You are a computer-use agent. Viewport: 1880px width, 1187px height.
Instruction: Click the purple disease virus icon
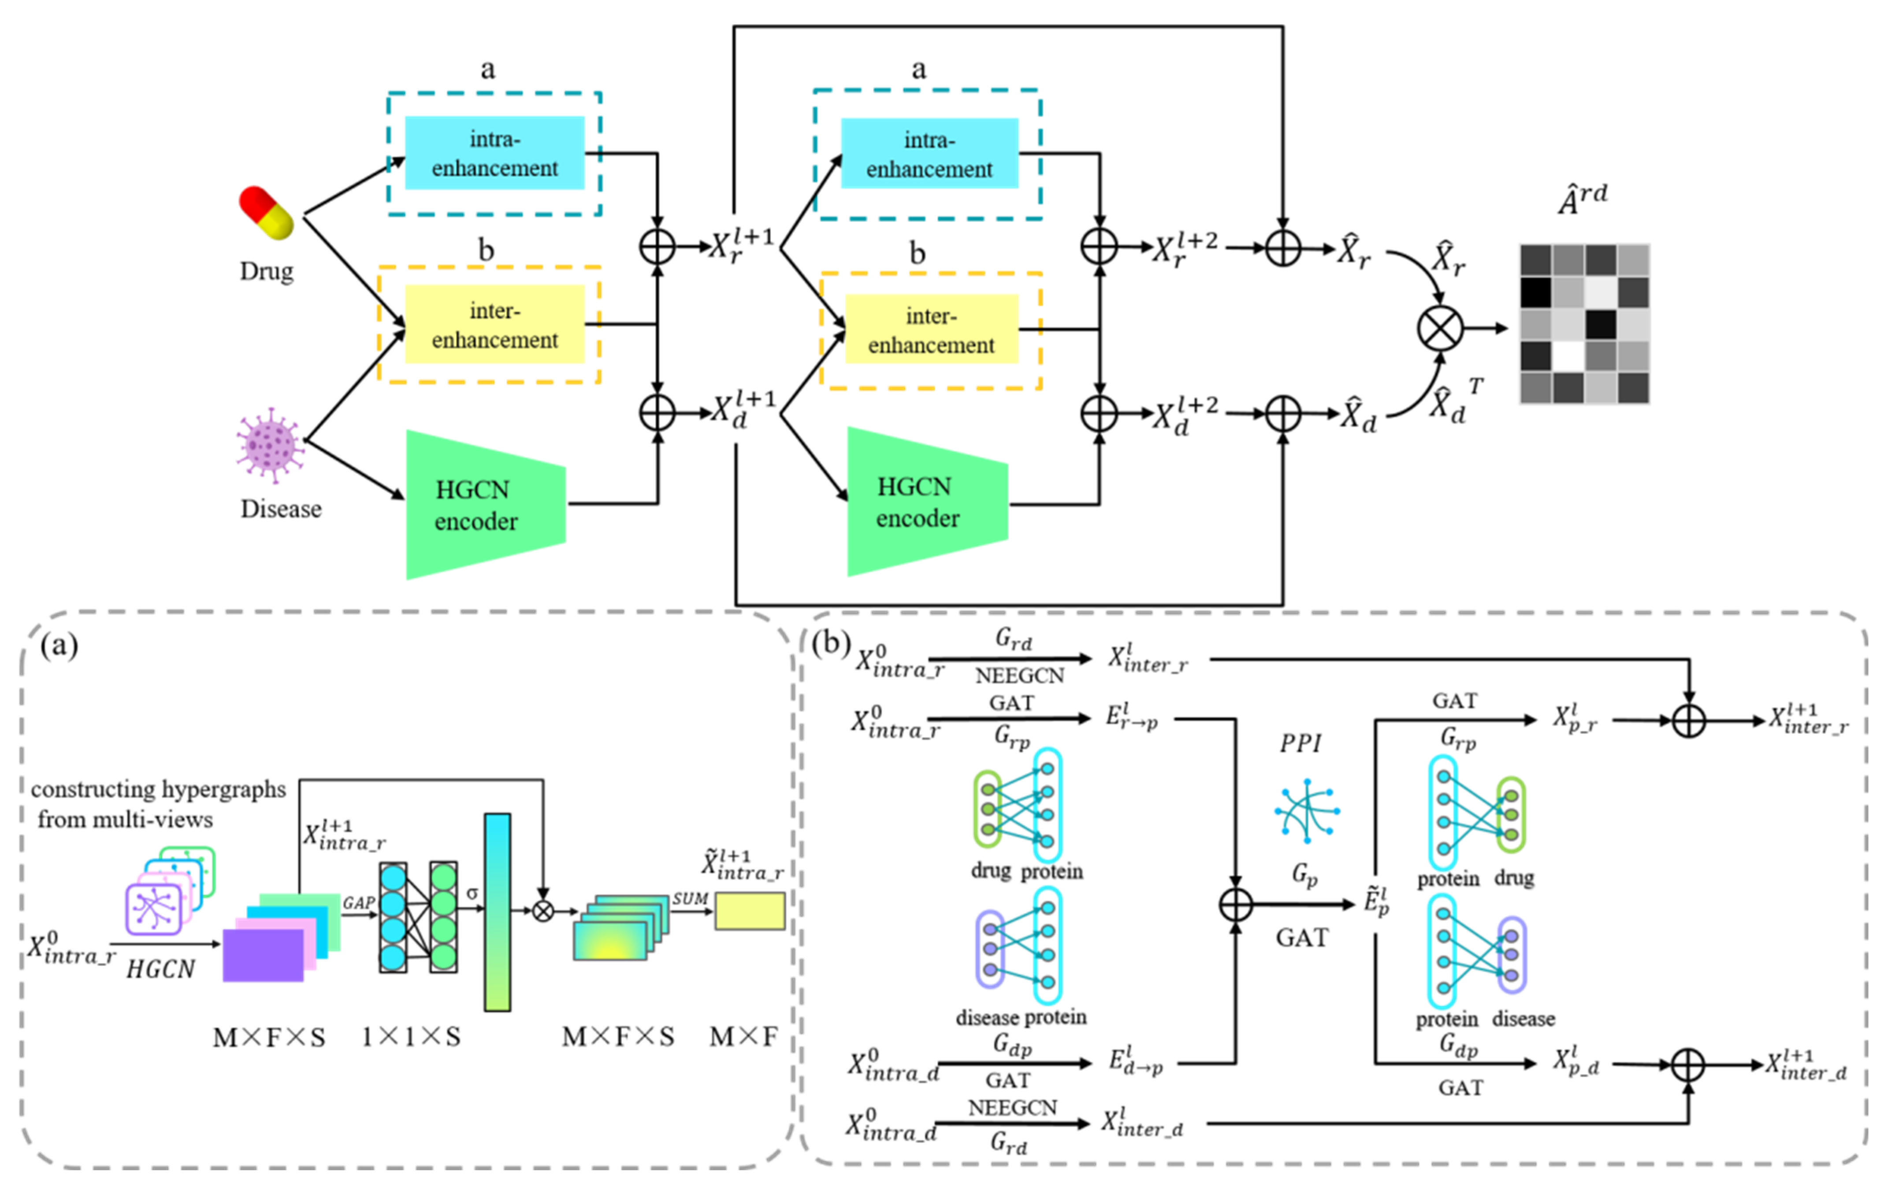point(269,445)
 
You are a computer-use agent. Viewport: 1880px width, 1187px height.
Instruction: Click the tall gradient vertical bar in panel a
point(498,912)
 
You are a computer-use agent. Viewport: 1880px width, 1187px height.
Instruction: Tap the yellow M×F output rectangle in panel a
point(750,911)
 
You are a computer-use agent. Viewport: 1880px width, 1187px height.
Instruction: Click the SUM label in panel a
point(690,898)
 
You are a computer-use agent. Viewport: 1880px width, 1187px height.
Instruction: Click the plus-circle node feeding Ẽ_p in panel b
point(1235,905)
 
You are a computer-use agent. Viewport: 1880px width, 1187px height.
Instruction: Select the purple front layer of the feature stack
point(263,954)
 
